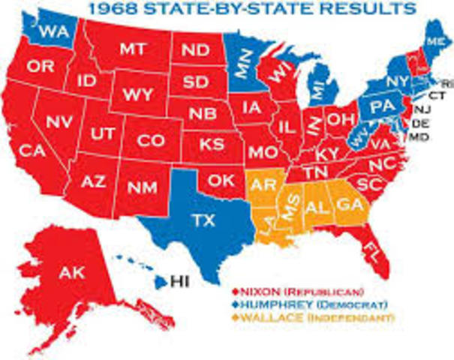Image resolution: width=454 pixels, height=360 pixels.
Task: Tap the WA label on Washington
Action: point(51,32)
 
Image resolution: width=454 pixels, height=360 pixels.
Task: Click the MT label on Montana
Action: point(136,49)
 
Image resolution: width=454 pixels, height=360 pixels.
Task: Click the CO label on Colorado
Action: point(150,140)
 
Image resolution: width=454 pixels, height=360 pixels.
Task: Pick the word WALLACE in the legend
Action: point(269,319)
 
